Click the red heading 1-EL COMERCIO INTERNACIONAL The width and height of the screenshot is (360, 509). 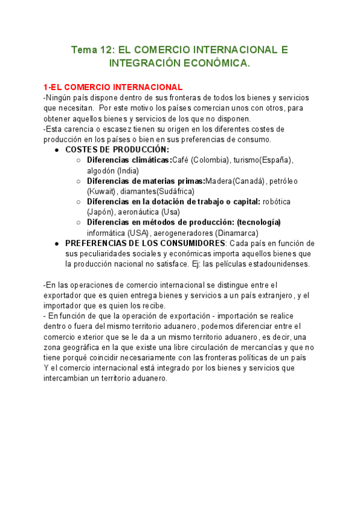[113, 88]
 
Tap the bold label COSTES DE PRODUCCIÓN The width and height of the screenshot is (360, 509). [117, 149]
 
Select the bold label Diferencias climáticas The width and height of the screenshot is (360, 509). [129, 160]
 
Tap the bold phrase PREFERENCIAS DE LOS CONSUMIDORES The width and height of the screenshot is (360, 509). [144, 243]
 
